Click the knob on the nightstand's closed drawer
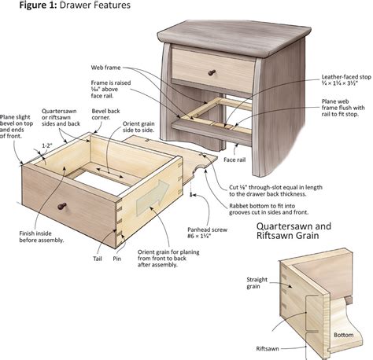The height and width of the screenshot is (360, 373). [210, 72]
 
